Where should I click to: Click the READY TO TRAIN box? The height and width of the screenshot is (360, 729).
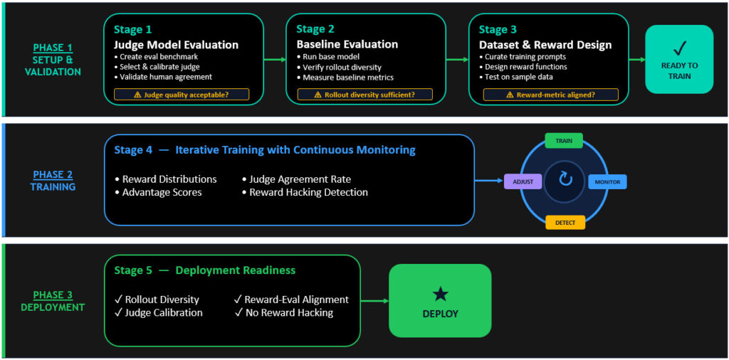(679, 59)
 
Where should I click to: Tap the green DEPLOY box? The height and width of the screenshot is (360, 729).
(440, 300)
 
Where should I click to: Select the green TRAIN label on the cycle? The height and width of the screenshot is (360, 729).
(564, 141)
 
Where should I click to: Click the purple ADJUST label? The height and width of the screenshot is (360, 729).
(523, 181)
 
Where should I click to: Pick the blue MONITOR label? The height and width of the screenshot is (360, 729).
(608, 181)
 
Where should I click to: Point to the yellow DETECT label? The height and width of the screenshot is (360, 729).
(565, 223)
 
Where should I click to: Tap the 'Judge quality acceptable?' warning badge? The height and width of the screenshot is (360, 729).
(182, 95)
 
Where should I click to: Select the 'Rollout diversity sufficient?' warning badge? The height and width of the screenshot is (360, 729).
(365, 95)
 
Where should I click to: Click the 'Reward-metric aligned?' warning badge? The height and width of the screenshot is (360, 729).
(551, 95)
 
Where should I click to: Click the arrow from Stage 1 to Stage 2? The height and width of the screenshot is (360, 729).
(275, 60)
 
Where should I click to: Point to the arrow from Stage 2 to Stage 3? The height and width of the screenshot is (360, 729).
(458, 60)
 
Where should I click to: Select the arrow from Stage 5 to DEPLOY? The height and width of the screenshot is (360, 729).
(374, 300)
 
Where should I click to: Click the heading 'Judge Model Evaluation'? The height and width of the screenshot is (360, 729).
(177, 45)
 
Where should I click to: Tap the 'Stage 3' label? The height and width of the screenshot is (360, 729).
(498, 30)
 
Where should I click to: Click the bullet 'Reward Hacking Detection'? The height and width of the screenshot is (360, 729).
(305, 192)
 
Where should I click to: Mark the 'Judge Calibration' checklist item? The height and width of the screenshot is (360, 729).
(159, 312)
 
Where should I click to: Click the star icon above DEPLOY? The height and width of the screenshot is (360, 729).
(440, 294)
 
